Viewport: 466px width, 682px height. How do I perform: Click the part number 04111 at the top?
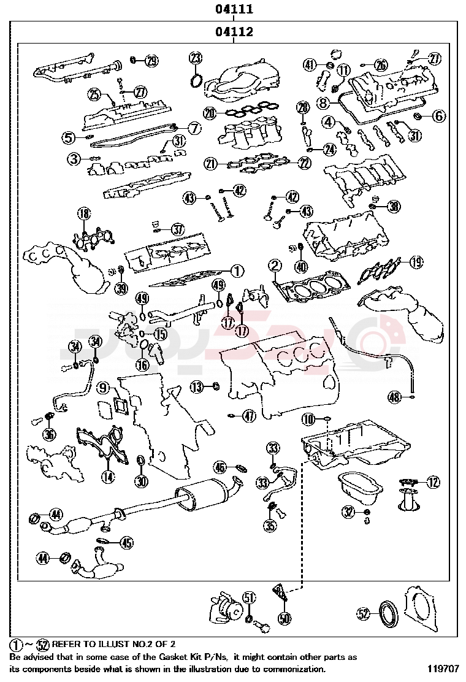pyautogui.click(x=234, y=10)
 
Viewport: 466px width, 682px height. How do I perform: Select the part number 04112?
pyautogui.click(x=234, y=32)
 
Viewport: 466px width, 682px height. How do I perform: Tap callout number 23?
pyautogui.click(x=195, y=59)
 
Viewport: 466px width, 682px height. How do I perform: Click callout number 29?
pyautogui.click(x=151, y=61)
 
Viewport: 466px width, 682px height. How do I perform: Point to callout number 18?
pyautogui.click(x=84, y=213)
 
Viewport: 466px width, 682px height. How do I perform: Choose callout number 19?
pyautogui.click(x=416, y=262)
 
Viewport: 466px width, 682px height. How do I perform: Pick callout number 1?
pyautogui.click(x=237, y=270)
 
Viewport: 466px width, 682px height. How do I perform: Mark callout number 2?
pyautogui.click(x=275, y=266)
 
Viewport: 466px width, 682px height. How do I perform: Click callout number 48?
pyautogui.click(x=395, y=397)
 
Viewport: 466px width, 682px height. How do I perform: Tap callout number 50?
pyautogui.click(x=284, y=618)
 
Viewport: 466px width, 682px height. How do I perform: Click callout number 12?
pyautogui.click(x=434, y=482)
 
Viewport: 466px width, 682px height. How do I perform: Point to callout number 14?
pyautogui.click(x=107, y=477)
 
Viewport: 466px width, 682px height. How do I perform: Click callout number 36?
pyautogui.click(x=50, y=434)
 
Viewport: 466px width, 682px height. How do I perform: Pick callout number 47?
pyautogui.click(x=249, y=416)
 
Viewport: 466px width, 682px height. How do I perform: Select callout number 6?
pyautogui.click(x=438, y=115)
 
